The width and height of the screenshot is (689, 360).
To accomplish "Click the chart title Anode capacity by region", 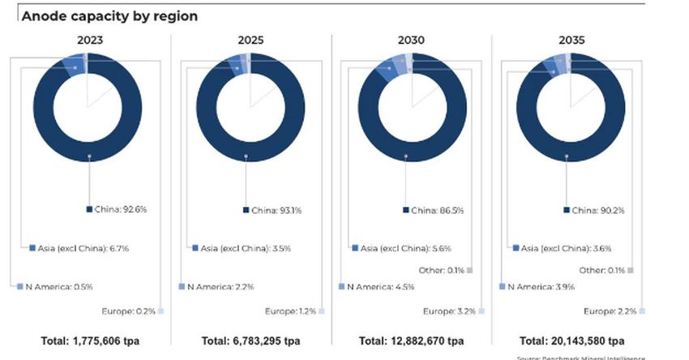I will [x=109, y=15].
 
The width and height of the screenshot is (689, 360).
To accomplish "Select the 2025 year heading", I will [x=250, y=39].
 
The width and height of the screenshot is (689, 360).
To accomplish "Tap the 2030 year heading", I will [x=412, y=39].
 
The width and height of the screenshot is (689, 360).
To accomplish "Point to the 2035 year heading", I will [x=571, y=39].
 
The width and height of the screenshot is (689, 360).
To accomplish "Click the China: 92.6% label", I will [x=121, y=210].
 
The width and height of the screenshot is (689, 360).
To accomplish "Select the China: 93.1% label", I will [x=279, y=211].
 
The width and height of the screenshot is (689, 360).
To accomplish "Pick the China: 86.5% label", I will [x=439, y=211].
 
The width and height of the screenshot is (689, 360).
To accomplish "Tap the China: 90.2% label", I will [x=600, y=211].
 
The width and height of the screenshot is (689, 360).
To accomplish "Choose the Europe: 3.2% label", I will [x=451, y=311].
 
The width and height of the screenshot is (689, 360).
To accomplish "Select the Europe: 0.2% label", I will [x=128, y=311].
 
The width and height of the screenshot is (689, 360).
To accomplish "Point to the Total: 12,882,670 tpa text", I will [x=411, y=341].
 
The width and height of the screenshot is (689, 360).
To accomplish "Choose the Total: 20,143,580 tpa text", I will [x=571, y=341].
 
